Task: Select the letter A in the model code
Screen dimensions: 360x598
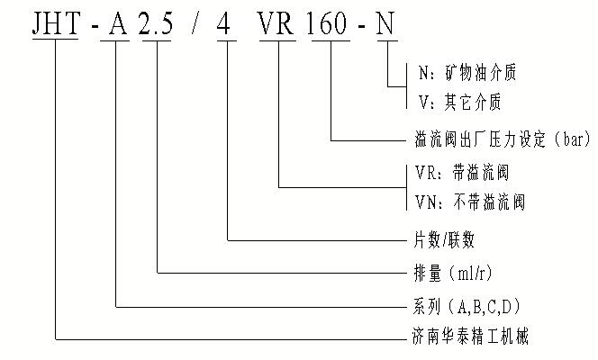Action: coord(117,23)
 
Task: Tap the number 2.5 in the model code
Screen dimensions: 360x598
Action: coord(159,23)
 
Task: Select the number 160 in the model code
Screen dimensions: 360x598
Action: coord(332,23)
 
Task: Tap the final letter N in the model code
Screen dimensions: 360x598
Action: coord(387,23)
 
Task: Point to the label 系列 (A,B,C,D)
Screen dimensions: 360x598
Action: coord(464,306)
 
